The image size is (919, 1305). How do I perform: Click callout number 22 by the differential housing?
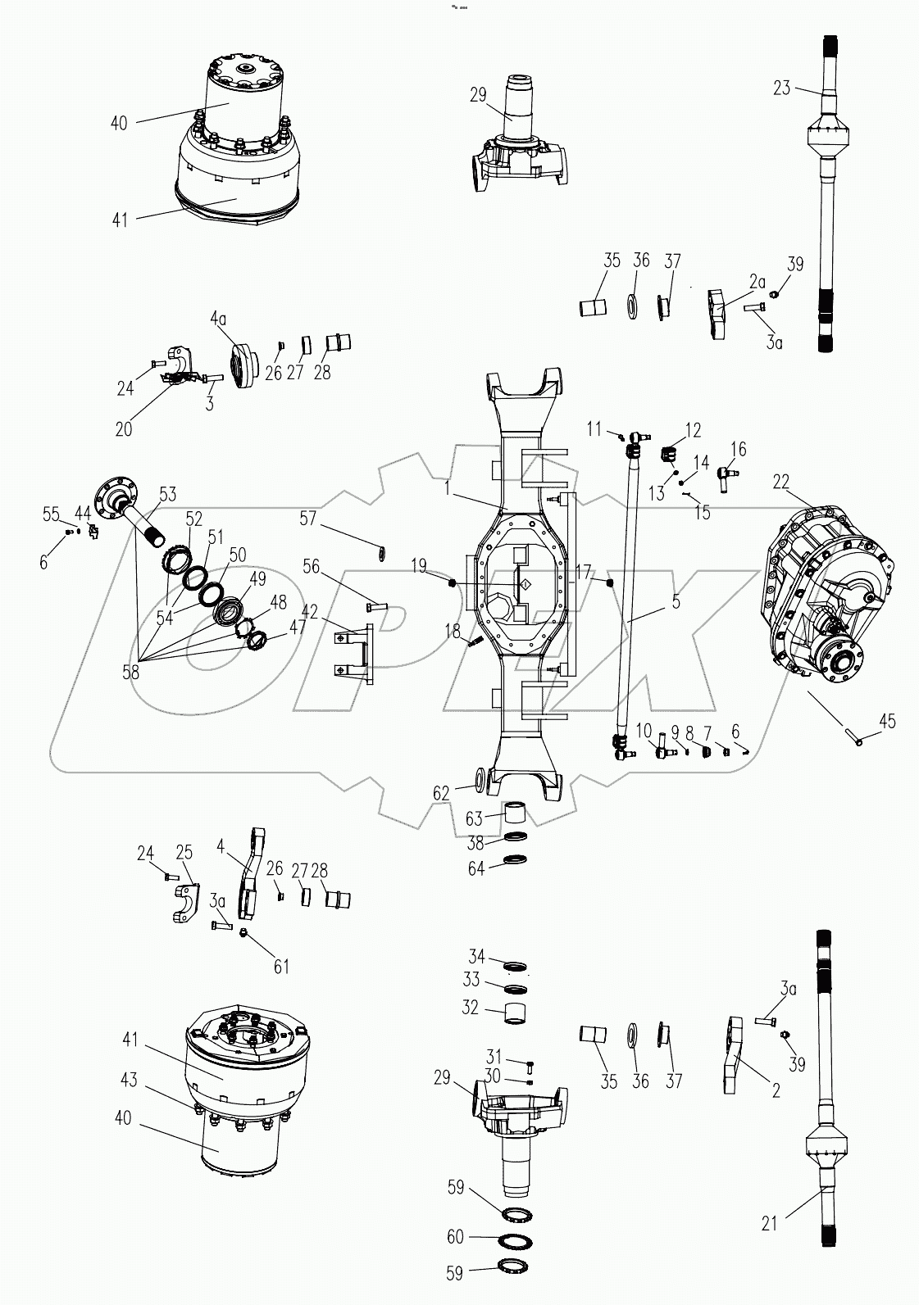[x=781, y=482]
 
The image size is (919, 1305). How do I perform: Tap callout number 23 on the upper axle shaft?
[x=781, y=87]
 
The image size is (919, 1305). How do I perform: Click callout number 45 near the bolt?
[x=887, y=722]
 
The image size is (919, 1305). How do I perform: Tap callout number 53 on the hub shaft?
[x=167, y=495]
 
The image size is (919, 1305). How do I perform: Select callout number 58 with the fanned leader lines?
[x=130, y=672]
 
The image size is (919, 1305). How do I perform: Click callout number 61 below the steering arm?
[x=281, y=967]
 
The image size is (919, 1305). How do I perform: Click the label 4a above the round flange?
[x=217, y=317]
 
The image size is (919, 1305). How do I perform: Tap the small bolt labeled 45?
[x=856, y=741]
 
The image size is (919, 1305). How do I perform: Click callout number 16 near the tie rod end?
[x=739, y=448]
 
